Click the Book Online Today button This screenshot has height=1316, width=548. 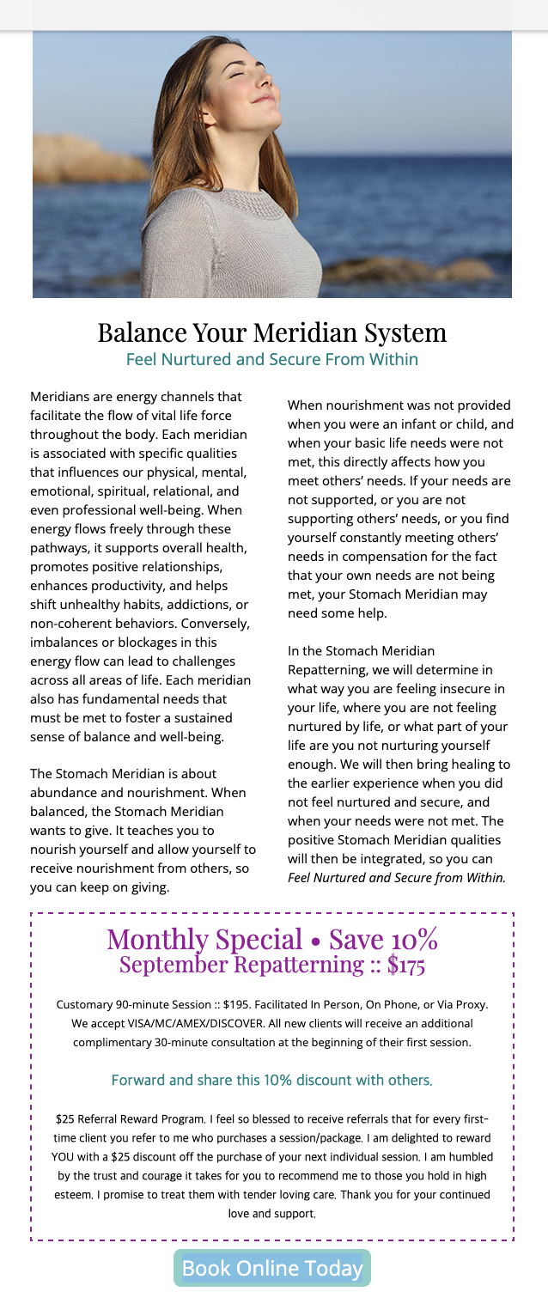click(x=272, y=1268)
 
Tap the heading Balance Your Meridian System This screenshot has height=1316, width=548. click(x=272, y=332)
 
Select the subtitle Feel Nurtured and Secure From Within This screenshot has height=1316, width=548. click(x=272, y=359)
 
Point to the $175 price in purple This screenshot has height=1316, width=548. click(x=406, y=965)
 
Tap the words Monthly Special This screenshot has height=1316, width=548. click(x=204, y=938)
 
